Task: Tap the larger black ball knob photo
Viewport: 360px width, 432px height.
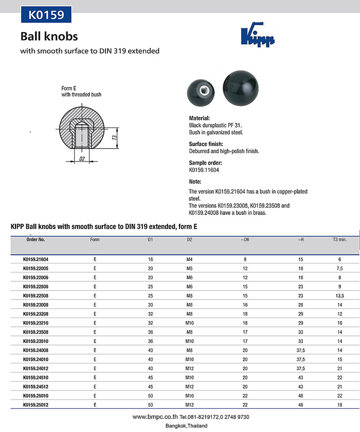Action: (241, 88)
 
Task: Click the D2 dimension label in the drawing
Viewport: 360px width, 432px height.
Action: (82, 159)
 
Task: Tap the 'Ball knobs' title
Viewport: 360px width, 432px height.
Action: (49, 37)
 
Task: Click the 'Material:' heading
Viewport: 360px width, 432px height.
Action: (200, 118)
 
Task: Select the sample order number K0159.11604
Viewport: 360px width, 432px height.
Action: (204, 170)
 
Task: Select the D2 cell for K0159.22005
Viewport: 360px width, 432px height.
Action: (189, 268)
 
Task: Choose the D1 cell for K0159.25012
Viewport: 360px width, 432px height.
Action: (150, 405)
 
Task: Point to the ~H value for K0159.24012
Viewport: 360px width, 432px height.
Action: (300, 368)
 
